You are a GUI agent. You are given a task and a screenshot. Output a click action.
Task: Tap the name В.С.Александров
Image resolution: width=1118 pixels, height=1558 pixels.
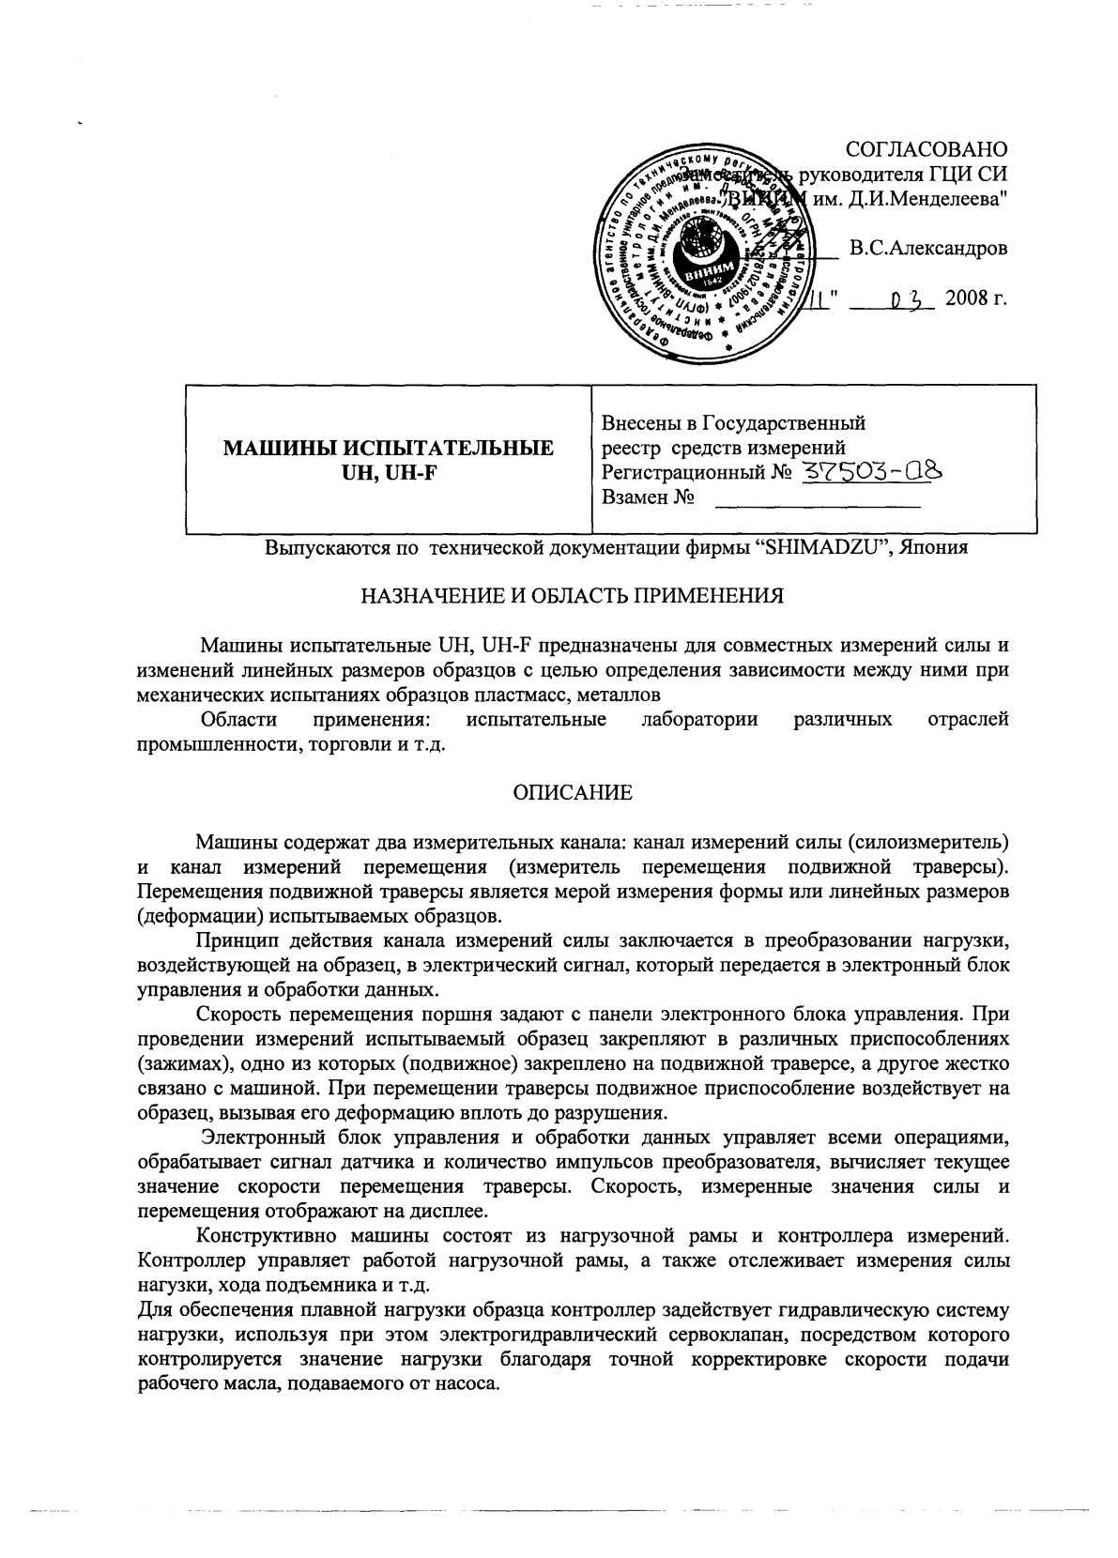(x=928, y=250)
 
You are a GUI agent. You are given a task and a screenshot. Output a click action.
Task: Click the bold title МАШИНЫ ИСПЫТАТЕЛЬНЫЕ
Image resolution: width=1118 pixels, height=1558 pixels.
(x=388, y=449)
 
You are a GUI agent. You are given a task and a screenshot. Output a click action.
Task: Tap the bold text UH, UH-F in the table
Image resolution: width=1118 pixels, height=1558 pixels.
(x=388, y=473)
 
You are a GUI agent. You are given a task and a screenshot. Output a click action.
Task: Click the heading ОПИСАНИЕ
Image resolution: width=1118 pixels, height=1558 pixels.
(x=573, y=793)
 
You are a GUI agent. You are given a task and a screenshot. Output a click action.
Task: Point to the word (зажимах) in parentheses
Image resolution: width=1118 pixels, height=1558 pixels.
(x=178, y=1065)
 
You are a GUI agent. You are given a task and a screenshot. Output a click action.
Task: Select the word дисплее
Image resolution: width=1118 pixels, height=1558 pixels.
(x=454, y=1211)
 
